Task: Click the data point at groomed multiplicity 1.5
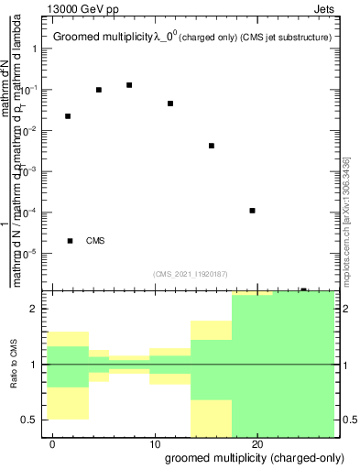point(68,116)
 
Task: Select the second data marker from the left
point(98,90)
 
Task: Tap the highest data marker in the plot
point(129,85)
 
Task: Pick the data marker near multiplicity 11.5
point(170,104)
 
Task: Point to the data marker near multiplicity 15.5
point(212,146)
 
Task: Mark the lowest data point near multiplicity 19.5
point(252,211)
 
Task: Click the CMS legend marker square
point(71,241)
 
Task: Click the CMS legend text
point(95,241)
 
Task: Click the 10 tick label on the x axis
point(155,442)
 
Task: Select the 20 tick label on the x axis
point(257,442)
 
